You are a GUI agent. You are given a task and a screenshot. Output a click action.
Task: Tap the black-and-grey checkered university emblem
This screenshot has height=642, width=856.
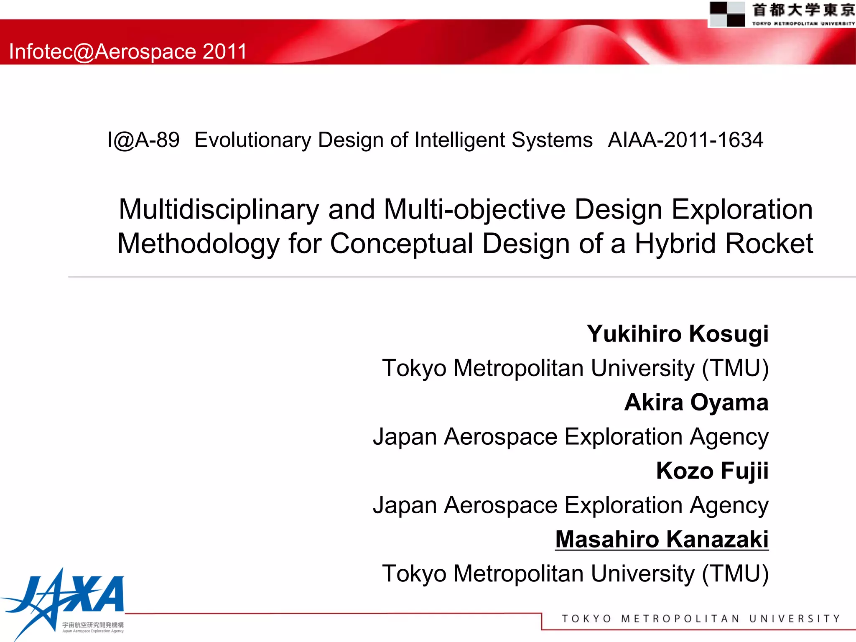tap(727, 14)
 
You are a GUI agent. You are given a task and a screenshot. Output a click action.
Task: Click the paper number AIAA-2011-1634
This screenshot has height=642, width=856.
tap(685, 140)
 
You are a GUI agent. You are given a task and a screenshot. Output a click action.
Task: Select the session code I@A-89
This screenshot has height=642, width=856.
tap(143, 140)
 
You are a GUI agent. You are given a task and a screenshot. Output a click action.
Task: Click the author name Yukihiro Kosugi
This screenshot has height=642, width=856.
tap(678, 334)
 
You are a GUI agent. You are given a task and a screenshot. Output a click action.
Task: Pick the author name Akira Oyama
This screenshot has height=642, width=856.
tap(696, 403)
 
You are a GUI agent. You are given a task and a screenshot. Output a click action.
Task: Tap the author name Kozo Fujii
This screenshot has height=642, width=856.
tap(712, 471)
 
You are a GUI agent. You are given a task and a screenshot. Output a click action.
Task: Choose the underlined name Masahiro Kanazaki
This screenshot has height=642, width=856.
tap(662, 539)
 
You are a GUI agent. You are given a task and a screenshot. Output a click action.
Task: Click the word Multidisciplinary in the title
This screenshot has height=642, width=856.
tap(219, 209)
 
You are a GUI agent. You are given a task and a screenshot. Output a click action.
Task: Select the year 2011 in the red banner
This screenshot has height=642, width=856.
tap(224, 51)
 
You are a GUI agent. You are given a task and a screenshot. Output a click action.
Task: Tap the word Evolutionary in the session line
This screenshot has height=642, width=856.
tap(253, 140)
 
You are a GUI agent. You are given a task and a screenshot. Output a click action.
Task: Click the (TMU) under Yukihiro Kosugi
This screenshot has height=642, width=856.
tap(735, 368)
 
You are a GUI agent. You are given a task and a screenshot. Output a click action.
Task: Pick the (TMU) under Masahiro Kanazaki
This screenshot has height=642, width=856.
tap(735, 573)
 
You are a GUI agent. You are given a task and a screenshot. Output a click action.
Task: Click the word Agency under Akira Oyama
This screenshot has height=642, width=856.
tap(729, 437)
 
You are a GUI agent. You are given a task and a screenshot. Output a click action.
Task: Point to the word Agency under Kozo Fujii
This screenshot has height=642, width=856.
tap(729, 506)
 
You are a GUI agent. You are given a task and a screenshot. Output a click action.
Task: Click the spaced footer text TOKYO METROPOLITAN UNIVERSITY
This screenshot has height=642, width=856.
tap(701, 619)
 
